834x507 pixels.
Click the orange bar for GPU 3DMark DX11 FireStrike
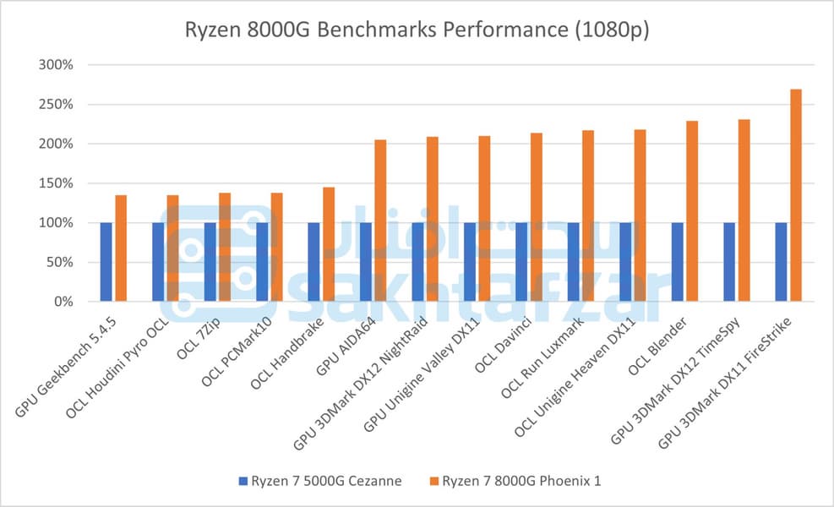(796, 195)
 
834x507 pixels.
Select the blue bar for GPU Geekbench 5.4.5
(106, 262)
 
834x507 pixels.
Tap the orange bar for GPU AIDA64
(380, 221)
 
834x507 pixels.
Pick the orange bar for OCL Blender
(692, 211)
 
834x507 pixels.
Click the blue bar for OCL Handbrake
(313, 262)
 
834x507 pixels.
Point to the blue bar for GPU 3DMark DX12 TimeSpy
(729, 262)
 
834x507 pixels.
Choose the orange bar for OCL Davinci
(537, 217)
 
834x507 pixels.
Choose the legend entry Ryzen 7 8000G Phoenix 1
(515, 481)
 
